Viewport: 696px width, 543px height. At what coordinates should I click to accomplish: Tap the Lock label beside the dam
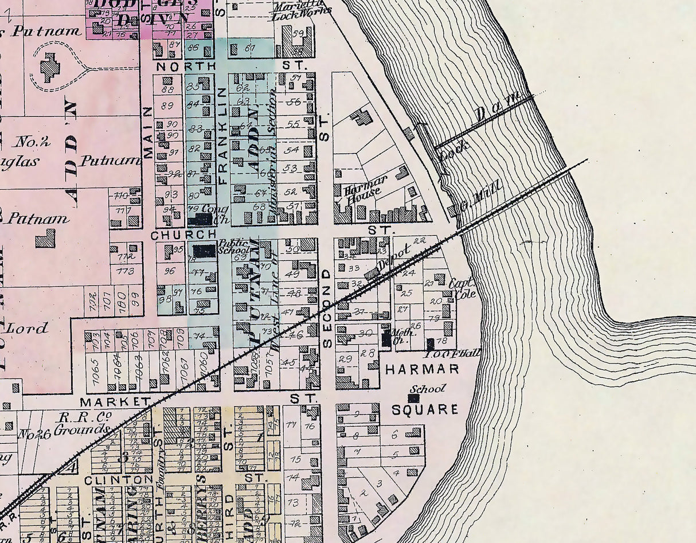pyautogui.click(x=456, y=146)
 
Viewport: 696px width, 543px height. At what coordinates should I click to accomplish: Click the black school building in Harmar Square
pyautogui.click(x=413, y=397)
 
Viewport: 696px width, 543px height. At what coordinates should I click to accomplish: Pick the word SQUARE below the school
pyautogui.click(x=425, y=409)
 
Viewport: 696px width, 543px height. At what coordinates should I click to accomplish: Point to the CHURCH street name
pyautogui.click(x=179, y=235)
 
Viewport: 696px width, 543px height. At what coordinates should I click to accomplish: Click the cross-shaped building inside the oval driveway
pyautogui.click(x=51, y=68)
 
